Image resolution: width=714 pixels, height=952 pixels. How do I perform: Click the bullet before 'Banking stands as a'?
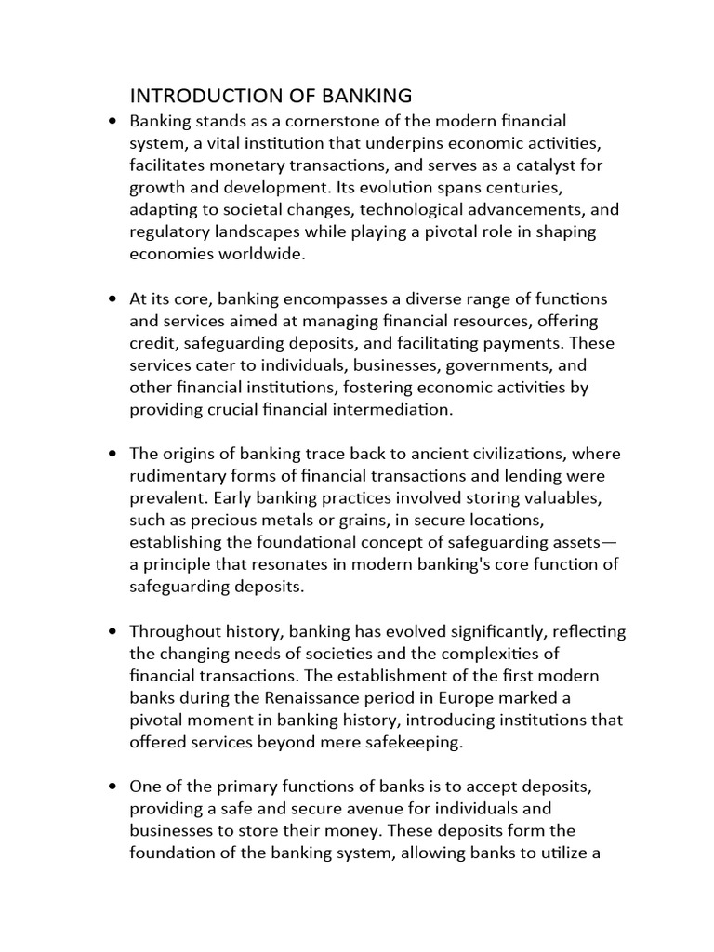pyautogui.click(x=112, y=121)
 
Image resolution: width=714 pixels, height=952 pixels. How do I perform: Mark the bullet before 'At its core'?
pyautogui.click(x=112, y=298)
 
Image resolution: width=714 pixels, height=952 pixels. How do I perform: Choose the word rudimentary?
pyautogui.click(x=176, y=476)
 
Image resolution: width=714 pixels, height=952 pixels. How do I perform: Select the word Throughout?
pyautogui.click(x=172, y=631)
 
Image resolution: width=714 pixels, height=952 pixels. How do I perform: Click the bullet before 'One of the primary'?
pyautogui.click(x=112, y=787)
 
